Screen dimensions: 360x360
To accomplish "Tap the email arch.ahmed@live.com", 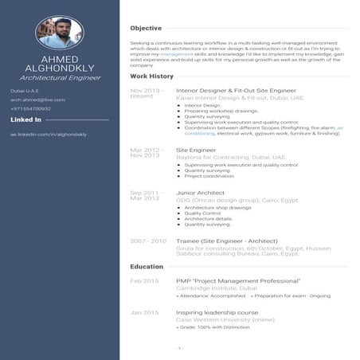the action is (x=37, y=100).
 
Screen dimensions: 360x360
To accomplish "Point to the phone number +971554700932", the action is (x=31, y=108).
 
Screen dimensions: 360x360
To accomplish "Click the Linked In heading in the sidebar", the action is (x=26, y=119).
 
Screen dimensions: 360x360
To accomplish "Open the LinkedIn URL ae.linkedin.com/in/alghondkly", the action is (x=48, y=135).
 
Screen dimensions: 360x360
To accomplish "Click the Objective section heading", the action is (x=146, y=28).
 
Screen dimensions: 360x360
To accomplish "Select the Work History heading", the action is (x=151, y=76).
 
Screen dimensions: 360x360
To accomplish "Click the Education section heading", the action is (x=147, y=266).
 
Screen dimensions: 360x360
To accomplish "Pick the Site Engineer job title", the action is (x=196, y=150).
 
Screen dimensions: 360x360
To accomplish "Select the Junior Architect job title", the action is (x=202, y=193).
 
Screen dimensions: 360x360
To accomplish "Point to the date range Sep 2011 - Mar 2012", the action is (x=147, y=196).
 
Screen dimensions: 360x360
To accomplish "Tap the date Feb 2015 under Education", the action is (x=145, y=281).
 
